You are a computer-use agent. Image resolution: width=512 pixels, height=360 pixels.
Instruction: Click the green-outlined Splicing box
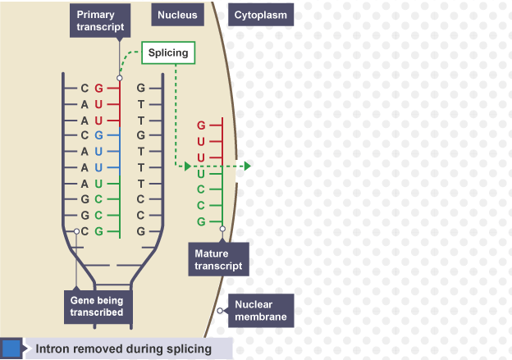coord(168,53)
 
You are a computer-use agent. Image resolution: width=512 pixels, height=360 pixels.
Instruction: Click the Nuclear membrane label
coord(260,310)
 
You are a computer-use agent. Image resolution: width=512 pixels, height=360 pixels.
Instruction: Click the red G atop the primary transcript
coord(98,88)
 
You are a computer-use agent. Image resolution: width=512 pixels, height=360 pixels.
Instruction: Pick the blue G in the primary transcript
coord(98,135)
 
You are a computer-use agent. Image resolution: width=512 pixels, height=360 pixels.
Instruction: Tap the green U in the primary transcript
coord(98,183)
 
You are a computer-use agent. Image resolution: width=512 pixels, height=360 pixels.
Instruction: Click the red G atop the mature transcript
coord(201,125)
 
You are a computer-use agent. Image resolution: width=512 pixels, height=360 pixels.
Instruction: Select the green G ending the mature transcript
coord(201,221)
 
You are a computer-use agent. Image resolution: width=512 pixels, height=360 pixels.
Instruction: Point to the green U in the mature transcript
coord(201,173)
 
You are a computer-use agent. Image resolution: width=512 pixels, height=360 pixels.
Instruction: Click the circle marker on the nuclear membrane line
coord(220,311)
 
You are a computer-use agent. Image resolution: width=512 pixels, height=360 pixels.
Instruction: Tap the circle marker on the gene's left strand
coord(76,232)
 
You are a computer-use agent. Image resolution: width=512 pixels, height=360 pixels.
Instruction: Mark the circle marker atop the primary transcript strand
coord(120,78)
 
